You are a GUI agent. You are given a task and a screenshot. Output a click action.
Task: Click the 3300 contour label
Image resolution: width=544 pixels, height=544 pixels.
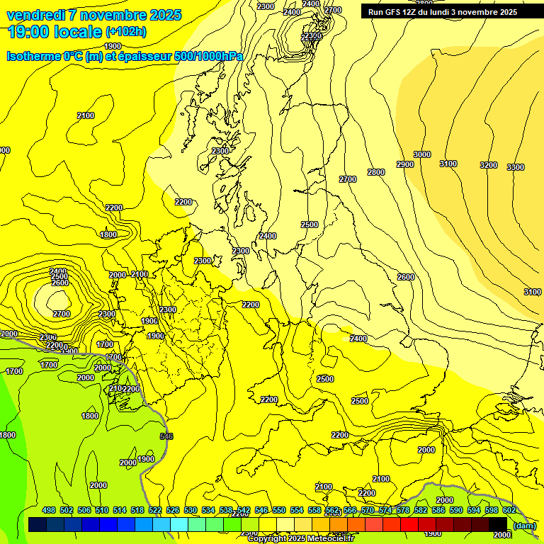[516, 167]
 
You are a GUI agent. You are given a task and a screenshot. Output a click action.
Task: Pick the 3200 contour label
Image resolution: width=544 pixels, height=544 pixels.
[489, 165]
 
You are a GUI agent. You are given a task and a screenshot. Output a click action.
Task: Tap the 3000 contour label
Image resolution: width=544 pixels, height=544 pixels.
[422, 154]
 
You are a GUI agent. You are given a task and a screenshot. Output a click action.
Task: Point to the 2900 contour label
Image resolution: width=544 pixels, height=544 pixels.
[405, 164]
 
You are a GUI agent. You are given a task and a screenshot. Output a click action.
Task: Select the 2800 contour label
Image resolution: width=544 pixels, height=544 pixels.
[376, 172]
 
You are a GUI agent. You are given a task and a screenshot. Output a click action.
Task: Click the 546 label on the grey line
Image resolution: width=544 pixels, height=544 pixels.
[166, 436]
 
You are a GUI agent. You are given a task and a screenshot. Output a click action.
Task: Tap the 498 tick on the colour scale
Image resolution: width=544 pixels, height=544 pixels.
[49, 511]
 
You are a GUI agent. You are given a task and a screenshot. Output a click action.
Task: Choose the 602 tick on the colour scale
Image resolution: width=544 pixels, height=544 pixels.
[509, 511]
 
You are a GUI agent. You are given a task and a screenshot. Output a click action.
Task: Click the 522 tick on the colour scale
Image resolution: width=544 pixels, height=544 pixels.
[155, 511]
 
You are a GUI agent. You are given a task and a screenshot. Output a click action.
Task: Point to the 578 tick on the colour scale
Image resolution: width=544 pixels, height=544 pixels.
[402, 511]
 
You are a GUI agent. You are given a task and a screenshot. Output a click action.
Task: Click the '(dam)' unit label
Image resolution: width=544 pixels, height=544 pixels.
[525, 525]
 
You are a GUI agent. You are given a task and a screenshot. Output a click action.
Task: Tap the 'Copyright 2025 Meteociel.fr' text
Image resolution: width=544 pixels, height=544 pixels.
[300, 539]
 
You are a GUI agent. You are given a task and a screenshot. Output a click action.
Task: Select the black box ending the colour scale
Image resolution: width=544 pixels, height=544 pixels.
[497, 524]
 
